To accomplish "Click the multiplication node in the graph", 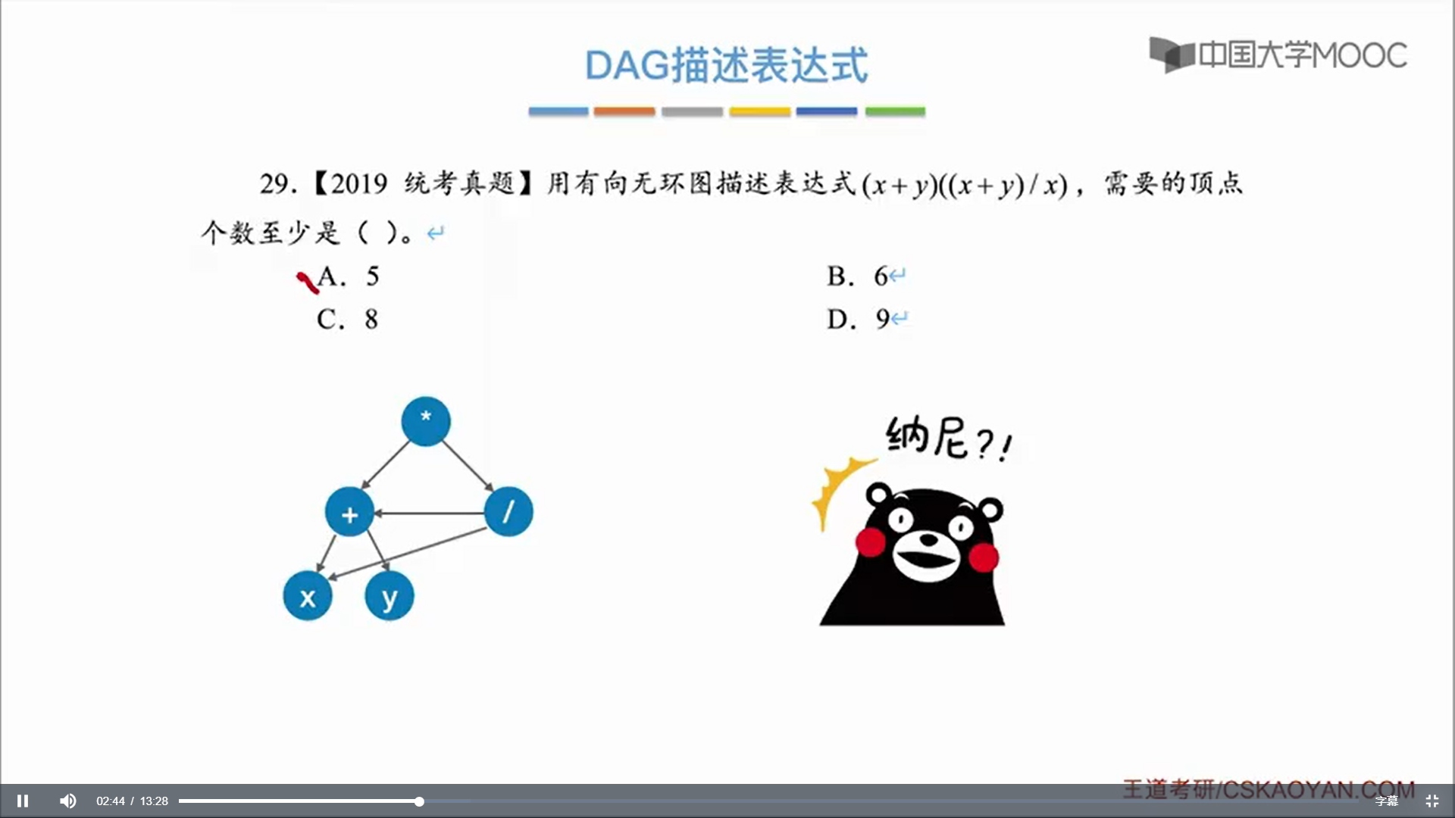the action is pyautogui.click(x=426, y=421).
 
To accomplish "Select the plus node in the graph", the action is pyautogui.click(x=349, y=512).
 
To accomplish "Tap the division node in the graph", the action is pyautogui.click(x=508, y=511).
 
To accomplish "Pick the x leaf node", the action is pyautogui.click(x=308, y=596).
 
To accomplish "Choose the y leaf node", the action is pyautogui.click(x=390, y=596).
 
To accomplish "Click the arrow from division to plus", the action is pyautogui.click(x=429, y=513).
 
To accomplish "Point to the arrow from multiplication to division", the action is pyautogui.click(x=468, y=466).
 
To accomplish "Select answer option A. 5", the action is pyautogui.click(x=348, y=276).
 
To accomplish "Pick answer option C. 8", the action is pyautogui.click(x=348, y=320).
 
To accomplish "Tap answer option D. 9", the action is pyautogui.click(x=858, y=320).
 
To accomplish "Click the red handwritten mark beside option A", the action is pyautogui.click(x=308, y=283).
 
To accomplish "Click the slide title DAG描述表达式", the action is pyautogui.click(x=727, y=65).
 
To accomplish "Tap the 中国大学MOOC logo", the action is pyautogui.click(x=1278, y=55).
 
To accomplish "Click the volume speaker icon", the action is pyautogui.click(x=68, y=801).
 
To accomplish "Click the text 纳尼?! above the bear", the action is pyautogui.click(x=948, y=439).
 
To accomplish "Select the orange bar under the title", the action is pyautogui.click(x=624, y=111).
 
